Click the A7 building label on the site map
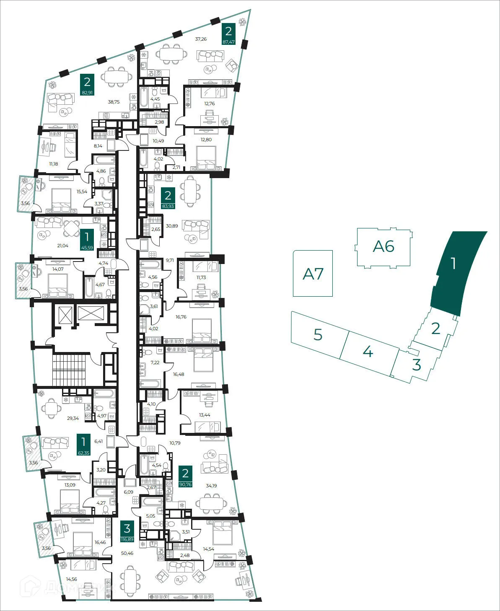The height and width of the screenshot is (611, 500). tap(313, 274)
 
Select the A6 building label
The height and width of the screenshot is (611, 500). tap(383, 246)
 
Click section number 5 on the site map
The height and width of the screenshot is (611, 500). tap(318, 335)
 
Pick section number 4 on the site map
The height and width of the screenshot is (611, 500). tap(368, 351)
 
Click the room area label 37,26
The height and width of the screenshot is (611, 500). tap(201, 39)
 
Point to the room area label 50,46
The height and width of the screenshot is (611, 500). tap(127, 553)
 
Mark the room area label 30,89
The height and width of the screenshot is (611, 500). tap(172, 226)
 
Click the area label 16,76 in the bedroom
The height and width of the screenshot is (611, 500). tap(181, 317)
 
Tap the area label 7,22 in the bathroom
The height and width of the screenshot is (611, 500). tap(155, 362)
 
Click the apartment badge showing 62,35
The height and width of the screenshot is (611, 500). tap(83, 445)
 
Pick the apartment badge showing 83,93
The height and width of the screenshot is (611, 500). tap(168, 198)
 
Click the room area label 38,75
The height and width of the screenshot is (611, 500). tap(114, 102)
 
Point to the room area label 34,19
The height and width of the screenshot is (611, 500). tap(212, 486)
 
